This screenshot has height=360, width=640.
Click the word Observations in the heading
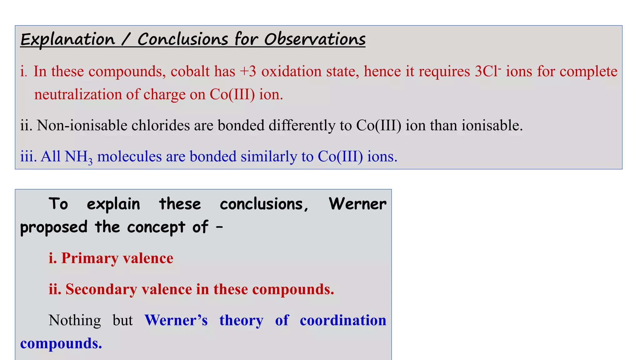pyautogui.click(x=315, y=40)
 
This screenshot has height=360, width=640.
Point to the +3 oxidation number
pyautogui.click(x=248, y=71)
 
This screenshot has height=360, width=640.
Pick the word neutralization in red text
pyautogui.click(x=78, y=94)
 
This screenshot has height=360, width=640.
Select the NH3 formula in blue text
pyautogui.click(x=78, y=157)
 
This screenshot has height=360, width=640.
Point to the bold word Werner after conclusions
pyautogui.click(x=357, y=204)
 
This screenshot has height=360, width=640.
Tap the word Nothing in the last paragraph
pyautogui.click(x=75, y=320)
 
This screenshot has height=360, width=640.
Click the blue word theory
pyautogui.click(x=241, y=320)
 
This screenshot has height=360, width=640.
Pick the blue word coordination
pyautogui.click(x=343, y=320)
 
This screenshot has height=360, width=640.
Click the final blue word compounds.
pyautogui.click(x=61, y=343)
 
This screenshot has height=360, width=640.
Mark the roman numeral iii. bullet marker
pyautogui.click(x=28, y=157)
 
